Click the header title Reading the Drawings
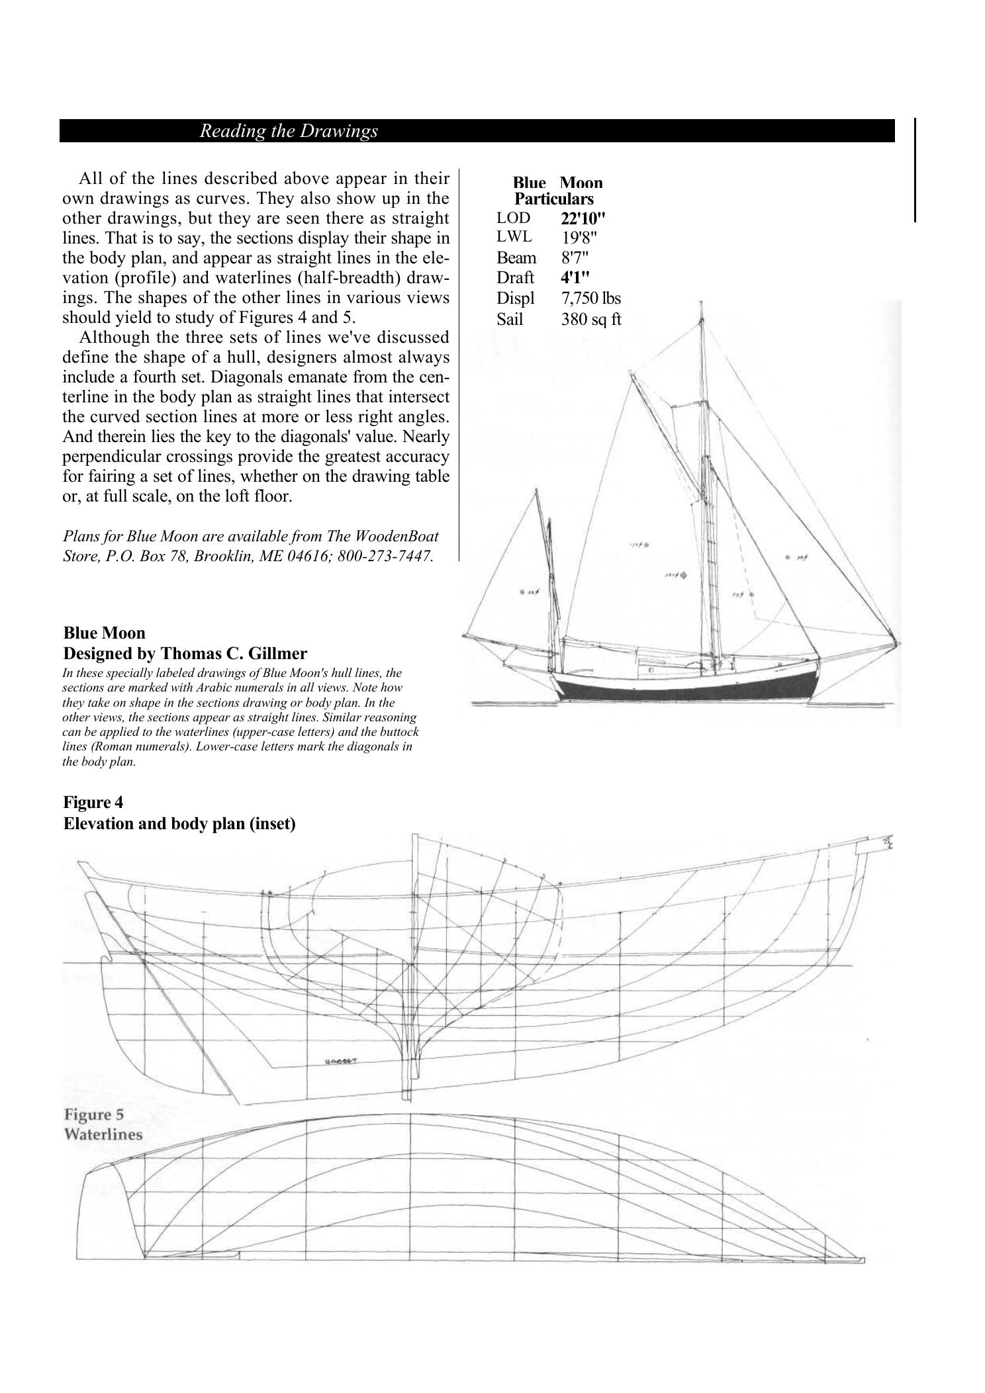[x=289, y=131]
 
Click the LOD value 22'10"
[x=583, y=218]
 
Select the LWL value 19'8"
[x=580, y=238]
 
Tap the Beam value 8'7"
[x=575, y=257]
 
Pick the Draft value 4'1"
[x=575, y=277]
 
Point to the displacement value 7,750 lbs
[x=590, y=298]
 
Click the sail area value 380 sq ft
[x=590, y=320]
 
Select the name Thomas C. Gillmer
[x=234, y=654]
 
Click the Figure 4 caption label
[x=93, y=802]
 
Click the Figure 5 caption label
[x=93, y=1115]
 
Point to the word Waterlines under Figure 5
[x=103, y=1134]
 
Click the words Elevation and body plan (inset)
[x=179, y=824]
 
